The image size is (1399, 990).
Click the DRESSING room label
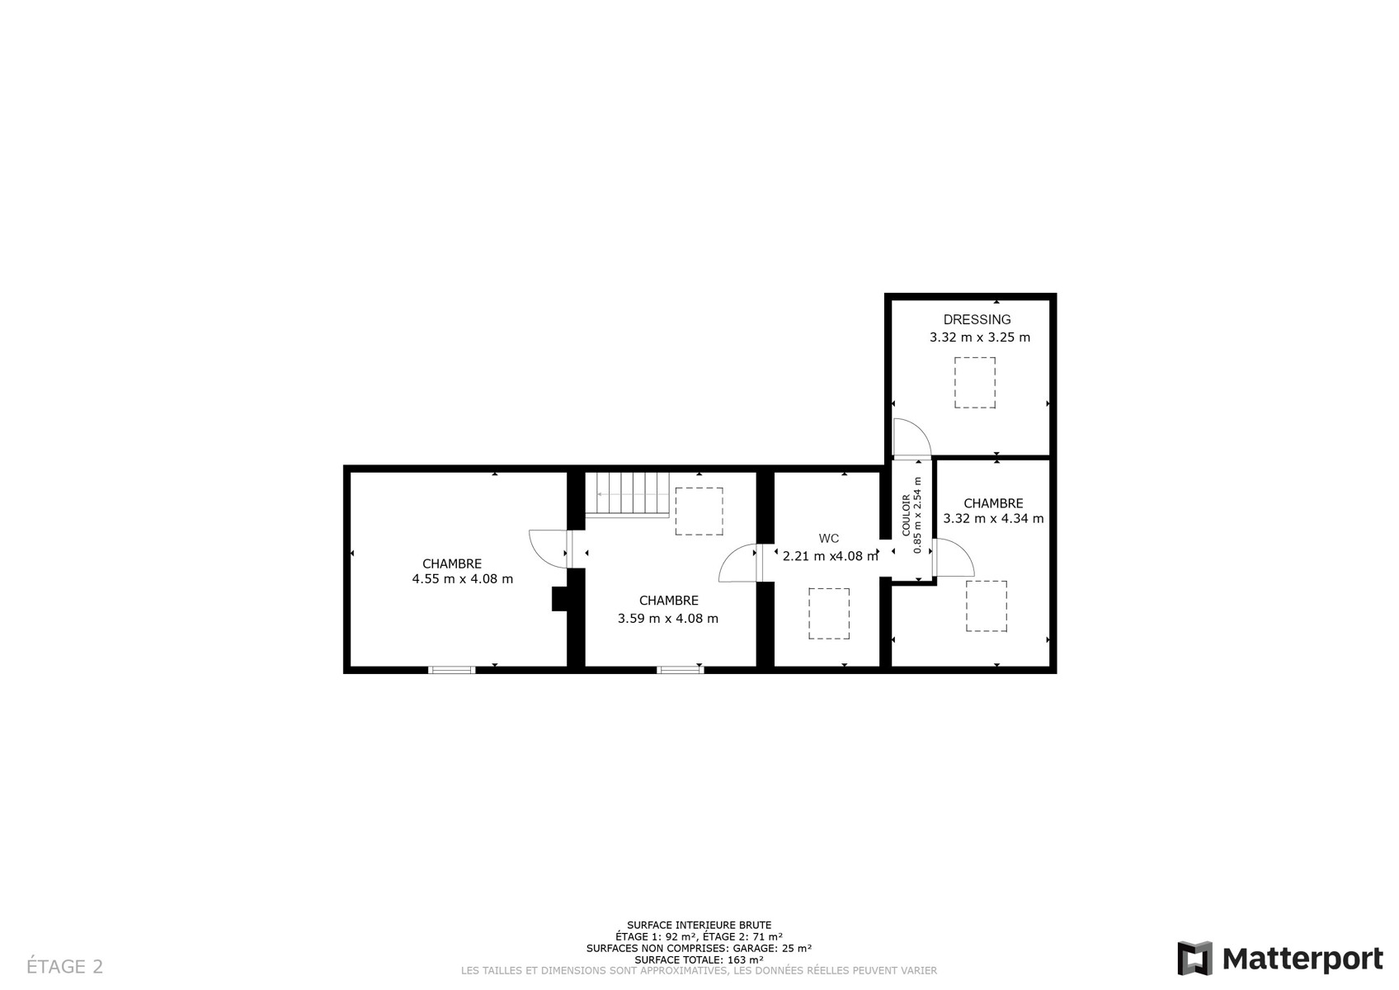[x=977, y=320]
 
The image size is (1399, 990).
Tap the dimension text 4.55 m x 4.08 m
[x=462, y=579]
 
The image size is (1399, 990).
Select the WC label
[x=829, y=539]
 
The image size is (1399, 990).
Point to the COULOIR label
[x=906, y=516]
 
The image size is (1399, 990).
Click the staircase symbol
[x=627, y=494]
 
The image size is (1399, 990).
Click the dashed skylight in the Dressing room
[x=975, y=383]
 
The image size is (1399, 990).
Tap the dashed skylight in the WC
[x=829, y=613]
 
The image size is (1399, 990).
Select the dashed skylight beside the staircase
[x=699, y=511]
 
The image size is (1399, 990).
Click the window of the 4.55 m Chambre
[x=451, y=670]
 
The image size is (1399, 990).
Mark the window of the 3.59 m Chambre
[x=681, y=670]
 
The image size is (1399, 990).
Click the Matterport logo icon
[x=1194, y=958]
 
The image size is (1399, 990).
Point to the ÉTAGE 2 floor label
[x=64, y=966]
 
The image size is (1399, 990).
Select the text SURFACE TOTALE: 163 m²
[x=699, y=960]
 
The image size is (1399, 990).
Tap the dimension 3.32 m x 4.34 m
[x=993, y=518]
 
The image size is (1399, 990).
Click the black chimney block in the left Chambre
[x=559, y=599]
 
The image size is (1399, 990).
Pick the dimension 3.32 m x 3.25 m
[x=980, y=338]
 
